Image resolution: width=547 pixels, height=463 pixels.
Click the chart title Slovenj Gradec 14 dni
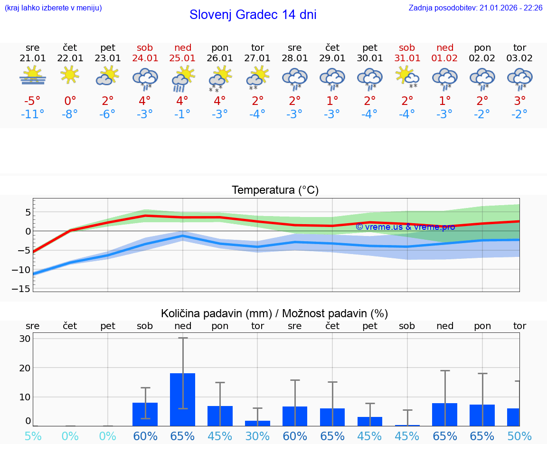pos(253,15)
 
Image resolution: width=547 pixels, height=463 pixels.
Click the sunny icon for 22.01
pos(70,75)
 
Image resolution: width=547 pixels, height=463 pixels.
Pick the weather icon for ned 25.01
pos(182,78)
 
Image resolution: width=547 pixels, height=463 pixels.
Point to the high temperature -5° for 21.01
pos(33,101)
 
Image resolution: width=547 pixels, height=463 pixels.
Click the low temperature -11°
pos(33,114)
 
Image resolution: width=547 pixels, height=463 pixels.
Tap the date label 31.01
pos(407,58)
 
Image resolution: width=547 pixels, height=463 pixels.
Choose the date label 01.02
pos(445,58)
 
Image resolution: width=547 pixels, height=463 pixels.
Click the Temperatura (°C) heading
pos(275,190)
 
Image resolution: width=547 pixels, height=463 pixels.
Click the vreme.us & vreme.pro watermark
pos(405,227)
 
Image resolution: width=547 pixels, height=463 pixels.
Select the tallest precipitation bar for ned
pos(183,399)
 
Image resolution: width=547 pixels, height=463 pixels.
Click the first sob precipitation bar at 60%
pos(145,414)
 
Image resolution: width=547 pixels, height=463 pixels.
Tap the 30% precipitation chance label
pos(257,435)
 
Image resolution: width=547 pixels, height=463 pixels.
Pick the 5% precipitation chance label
pos(33,435)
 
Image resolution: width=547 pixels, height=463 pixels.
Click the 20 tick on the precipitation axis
pos(25,368)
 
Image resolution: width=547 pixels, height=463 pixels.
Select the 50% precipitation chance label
pos(519,435)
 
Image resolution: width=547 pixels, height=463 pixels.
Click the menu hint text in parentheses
pos(53,8)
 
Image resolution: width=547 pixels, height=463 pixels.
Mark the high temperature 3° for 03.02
pos(520,101)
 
